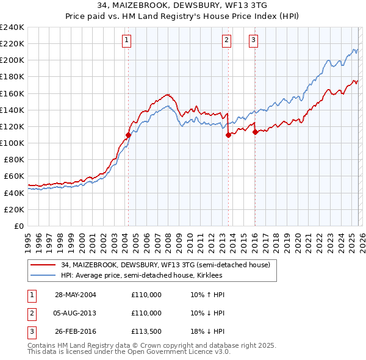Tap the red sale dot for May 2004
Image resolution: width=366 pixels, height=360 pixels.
tap(129, 135)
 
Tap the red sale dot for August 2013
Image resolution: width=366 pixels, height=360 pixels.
tap(228, 135)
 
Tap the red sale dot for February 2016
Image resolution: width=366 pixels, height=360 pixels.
tap(255, 132)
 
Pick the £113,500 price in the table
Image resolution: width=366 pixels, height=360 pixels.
tap(146, 332)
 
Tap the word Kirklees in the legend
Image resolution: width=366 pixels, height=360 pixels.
tap(209, 275)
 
